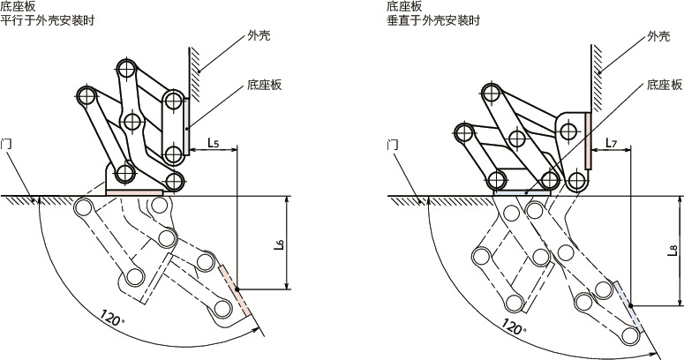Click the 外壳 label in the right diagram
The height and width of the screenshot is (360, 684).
click(x=658, y=36)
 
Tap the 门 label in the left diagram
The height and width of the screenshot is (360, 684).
click(x=7, y=141)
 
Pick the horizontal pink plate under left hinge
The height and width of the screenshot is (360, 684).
click(x=134, y=191)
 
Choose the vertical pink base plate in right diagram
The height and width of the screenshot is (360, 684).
click(x=587, y=139)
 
